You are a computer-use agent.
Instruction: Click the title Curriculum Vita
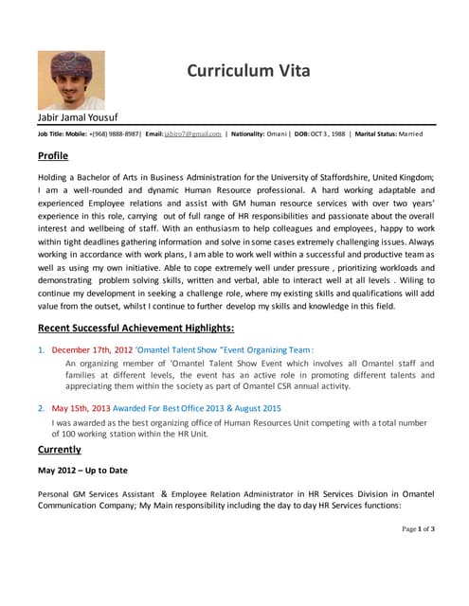248,71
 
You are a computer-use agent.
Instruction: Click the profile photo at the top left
71,80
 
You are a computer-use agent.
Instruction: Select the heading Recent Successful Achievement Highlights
135,329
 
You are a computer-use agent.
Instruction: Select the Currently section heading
59,449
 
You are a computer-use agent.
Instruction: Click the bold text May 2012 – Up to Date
81,471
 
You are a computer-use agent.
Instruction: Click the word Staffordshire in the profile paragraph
342,177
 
